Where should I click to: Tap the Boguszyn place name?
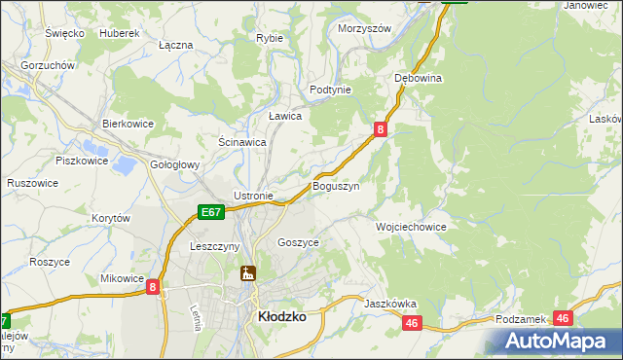336,185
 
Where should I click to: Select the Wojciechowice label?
411,227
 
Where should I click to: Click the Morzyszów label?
364,28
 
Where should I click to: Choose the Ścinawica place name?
242,142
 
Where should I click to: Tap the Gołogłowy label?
175,165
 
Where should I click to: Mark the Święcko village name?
65,33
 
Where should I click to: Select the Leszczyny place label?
215,247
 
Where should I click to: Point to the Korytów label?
111,219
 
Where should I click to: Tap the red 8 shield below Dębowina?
381,128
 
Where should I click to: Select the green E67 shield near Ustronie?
212,211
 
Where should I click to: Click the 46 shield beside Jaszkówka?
412,323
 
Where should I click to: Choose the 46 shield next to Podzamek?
563,318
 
